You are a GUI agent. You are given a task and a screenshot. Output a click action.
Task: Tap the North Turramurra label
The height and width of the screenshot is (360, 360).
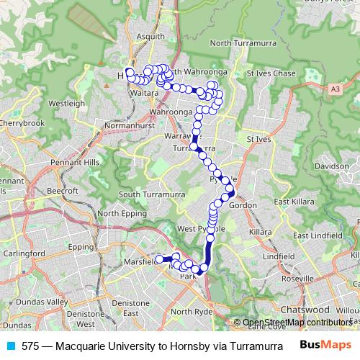pos(242,44)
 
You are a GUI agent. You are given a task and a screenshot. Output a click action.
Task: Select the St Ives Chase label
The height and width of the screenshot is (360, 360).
pos(271,73)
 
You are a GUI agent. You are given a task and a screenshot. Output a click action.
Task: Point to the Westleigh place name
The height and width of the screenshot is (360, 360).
pos(67,103)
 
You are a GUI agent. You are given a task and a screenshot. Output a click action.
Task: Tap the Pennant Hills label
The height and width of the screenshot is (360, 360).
pos(75,163)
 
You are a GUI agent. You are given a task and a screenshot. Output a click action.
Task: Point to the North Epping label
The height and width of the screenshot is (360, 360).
pos(117,213)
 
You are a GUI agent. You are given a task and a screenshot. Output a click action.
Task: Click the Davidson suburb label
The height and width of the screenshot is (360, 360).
pos(331,166)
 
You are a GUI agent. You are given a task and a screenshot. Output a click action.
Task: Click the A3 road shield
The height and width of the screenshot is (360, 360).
pos(336,89)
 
